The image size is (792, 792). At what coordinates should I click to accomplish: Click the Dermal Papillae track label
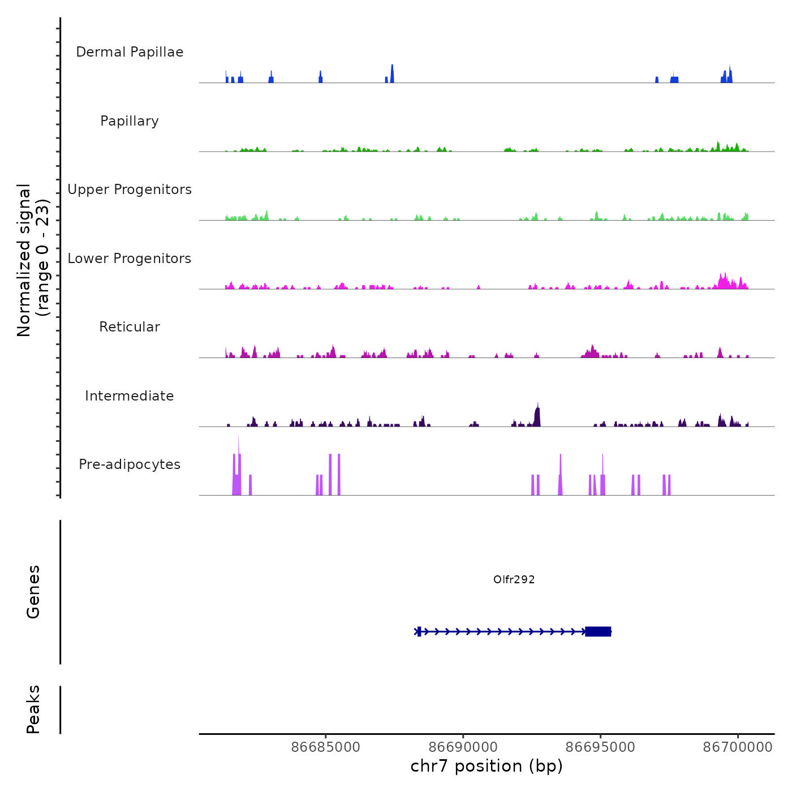130,52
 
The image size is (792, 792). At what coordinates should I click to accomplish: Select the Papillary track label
130,121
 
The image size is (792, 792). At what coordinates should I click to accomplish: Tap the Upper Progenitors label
130,190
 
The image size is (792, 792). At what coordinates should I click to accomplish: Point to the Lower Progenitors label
130,259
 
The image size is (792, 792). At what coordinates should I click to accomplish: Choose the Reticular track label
130,327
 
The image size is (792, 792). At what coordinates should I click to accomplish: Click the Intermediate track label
130,396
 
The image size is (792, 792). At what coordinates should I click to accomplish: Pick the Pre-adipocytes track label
130,464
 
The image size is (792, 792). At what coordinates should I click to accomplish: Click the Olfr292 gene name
514,579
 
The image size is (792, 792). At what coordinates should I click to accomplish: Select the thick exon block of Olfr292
598,631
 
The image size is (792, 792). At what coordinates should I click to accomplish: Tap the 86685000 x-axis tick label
325,747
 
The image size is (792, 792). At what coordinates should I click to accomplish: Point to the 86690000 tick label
463,747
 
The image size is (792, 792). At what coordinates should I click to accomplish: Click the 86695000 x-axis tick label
600,747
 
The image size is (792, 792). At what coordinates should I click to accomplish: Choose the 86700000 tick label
738,747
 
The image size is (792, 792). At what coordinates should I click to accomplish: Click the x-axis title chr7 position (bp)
487,766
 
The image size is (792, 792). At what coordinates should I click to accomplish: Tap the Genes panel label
33,592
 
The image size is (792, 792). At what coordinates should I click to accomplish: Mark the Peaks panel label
33,709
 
